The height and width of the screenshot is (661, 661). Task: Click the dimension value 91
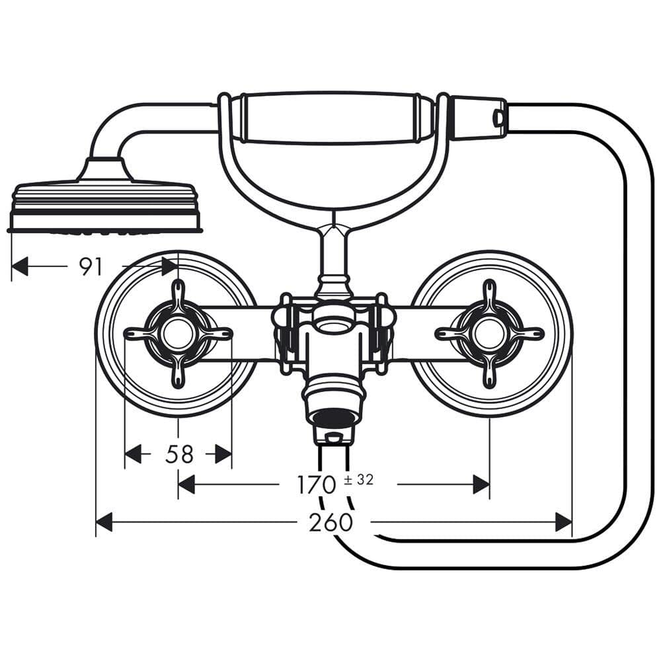(91, 266)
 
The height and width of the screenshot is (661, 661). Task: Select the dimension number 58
(179, 454)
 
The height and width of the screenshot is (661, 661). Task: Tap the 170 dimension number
(316, 485)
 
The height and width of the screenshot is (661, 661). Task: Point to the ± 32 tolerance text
(359, 480)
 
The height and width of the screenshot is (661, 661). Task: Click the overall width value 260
(330, 523)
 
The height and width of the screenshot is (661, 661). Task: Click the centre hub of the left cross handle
(178, 333)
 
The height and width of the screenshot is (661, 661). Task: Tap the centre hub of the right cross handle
(489, 333)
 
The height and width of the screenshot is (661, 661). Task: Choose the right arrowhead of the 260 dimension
(564, 522)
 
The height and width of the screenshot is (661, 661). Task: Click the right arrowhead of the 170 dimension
(481, 485)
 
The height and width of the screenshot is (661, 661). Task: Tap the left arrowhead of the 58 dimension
(134, 454)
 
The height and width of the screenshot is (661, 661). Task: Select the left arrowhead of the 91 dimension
(20, 266)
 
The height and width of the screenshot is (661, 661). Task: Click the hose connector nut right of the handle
(478, 118)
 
